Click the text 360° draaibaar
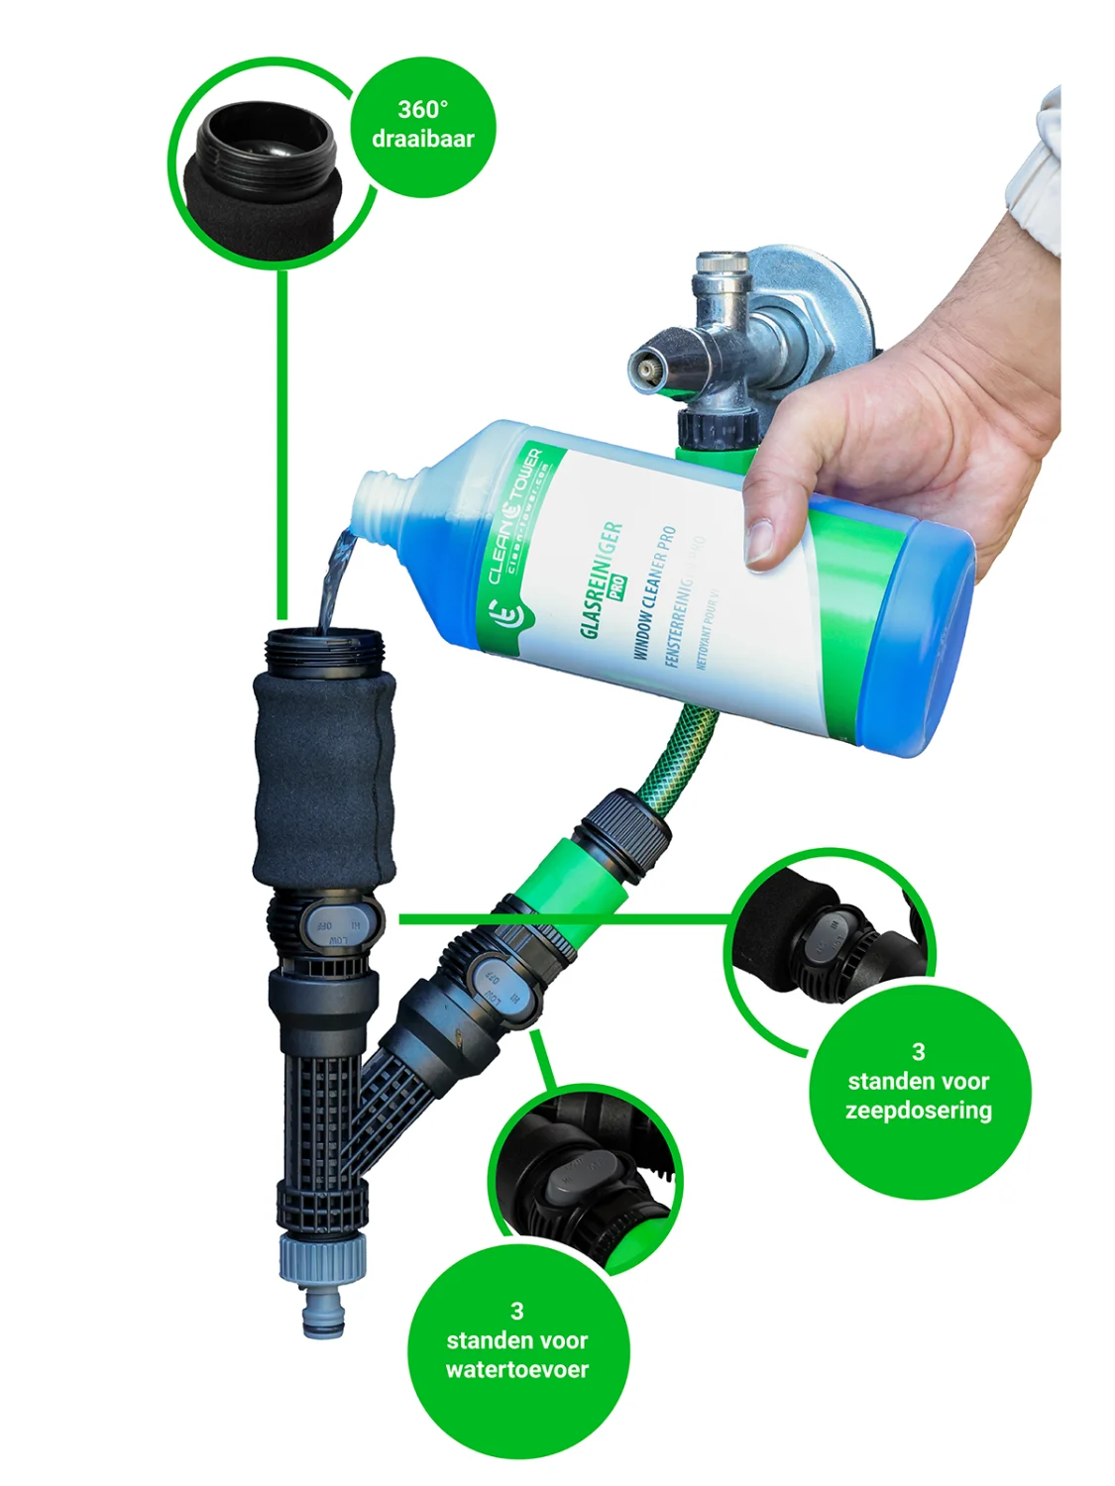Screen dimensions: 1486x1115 423,125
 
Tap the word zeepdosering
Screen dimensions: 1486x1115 918,1111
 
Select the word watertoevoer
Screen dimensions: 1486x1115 516,1370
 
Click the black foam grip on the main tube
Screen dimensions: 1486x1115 323,778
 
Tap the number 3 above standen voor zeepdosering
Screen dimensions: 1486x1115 918,1052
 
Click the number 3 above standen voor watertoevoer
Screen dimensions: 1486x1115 516,1312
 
